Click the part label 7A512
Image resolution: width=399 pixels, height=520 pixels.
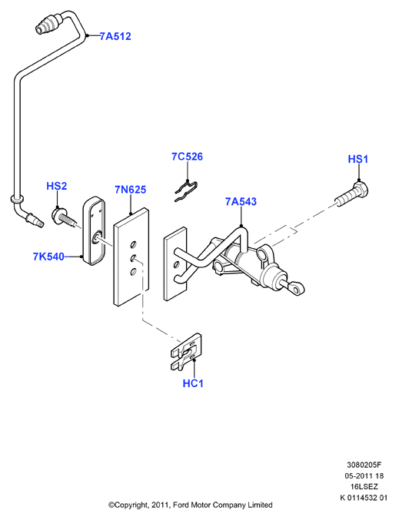click(115, 36)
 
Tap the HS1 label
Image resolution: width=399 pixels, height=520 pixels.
click(357, 159)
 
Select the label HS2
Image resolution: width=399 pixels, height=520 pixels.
click(56, 186)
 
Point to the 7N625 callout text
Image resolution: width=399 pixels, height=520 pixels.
click(131, 190)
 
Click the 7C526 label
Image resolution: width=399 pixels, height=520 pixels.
click(187, 157)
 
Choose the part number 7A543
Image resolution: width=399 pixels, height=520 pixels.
click(241, 202)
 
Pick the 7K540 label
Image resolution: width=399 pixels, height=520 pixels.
click(48, 257)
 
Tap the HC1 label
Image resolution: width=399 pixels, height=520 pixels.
click(193, 383)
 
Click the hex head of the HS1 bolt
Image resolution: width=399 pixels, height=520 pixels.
click(360, 189)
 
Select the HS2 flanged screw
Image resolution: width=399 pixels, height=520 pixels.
click(64, 217)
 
